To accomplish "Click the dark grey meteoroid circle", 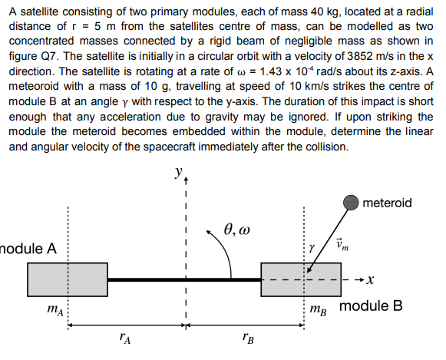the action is [x=352, y=202].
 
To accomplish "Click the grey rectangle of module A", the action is [x=67, y=279].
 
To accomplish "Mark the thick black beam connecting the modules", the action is [x=184, y=279].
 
